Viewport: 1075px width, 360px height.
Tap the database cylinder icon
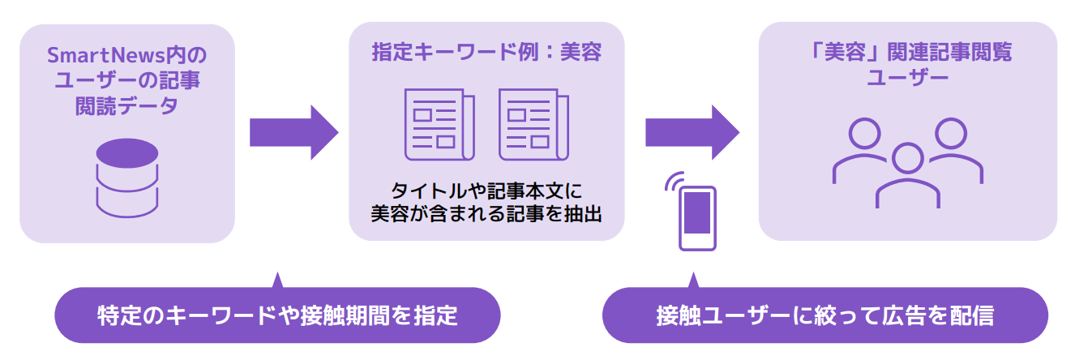pyautogui.click(x=126, y=176)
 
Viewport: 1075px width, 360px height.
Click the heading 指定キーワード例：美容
pyautogui.click(x=486, y=53)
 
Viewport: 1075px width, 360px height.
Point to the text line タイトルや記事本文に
pyautogui.click(x=486, y=191)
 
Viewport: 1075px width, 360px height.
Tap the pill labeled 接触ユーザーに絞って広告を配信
pyautogui.click(x=824, y=315)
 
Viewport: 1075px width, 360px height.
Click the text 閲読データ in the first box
pyautogui.click(x=126, y=106)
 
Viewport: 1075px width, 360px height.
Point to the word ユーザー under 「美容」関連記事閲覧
pyautogui.click(x=907, y=79)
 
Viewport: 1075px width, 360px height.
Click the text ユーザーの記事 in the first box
pyautogui.click(x=126, y=81)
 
